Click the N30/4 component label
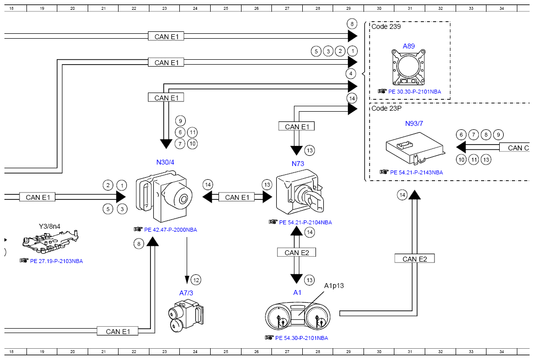(x=165, y=162)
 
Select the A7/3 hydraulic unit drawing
(x=186, y=315)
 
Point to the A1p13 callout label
(x=334, y=286)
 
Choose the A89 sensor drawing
(x=409, y=67)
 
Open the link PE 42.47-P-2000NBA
(x=170, y=230)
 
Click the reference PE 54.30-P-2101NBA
(x=301, y=338)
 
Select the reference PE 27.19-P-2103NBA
(x=56, y=261)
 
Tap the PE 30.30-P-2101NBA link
(x=414, y=92)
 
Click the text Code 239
(x=386, y=26)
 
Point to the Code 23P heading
(x=386, y=108)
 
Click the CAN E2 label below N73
(x=296, y=252)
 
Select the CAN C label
(x=518, y=148)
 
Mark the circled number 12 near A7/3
(x=196, y=280)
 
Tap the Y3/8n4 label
(x=49, y=226)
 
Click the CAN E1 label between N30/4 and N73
(x=237, y=197)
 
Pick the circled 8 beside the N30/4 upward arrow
(x=139, y=244)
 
